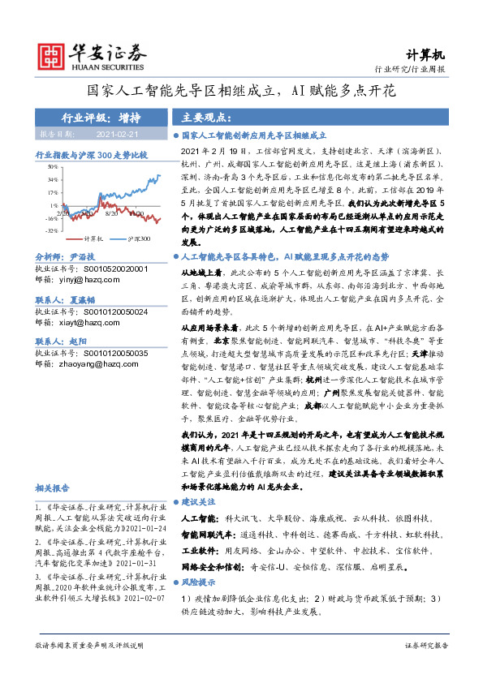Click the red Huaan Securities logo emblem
[x=51, y=54]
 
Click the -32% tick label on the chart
[x=50, y=231]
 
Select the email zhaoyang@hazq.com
[x=97, y=363]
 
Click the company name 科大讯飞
[x=240, y=517]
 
